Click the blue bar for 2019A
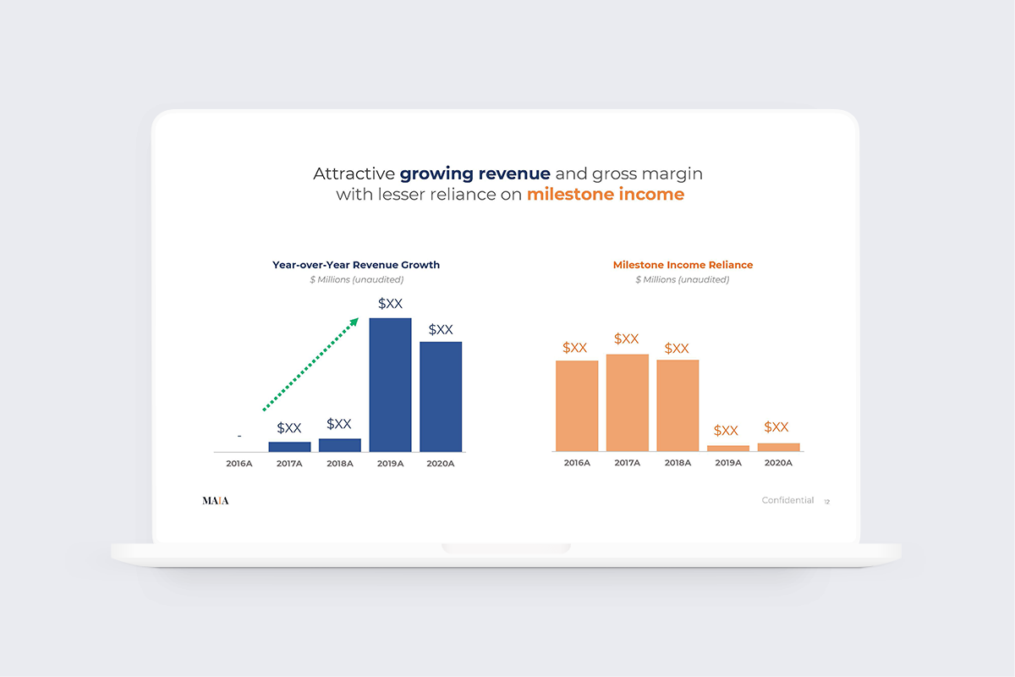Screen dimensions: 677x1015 (x=390, y=385)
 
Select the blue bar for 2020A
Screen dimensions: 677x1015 (x=441, y=396)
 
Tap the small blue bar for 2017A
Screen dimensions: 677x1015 (x=289, y=446)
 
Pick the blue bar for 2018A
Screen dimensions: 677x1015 (x=340, y=444)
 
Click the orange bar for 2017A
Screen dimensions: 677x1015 (x=627, y=403)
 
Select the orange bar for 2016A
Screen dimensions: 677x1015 (x=577, y=406)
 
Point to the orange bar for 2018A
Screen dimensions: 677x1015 (x=678, y=405)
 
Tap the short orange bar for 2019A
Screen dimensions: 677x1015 (x=728, y=448)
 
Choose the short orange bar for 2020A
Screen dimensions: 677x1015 (x=778, y=447)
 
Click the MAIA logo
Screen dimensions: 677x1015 (x=215, y=501)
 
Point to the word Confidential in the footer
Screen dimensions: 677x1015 (x=787, y=501)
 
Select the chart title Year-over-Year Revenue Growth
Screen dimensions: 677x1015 (x=356, y=265)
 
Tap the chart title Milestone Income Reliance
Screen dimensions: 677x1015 (x=683, y=265)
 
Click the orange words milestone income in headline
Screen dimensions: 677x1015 (x=605, y=195)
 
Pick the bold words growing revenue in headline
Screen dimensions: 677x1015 (x=475, y=173)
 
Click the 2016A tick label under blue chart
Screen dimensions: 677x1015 (x=239, y=464)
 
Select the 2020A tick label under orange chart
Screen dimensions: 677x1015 (x=778, y=463)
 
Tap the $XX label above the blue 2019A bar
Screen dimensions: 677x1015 (x=390, y=303)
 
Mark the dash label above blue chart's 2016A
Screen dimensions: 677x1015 (x=239, y=436)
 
